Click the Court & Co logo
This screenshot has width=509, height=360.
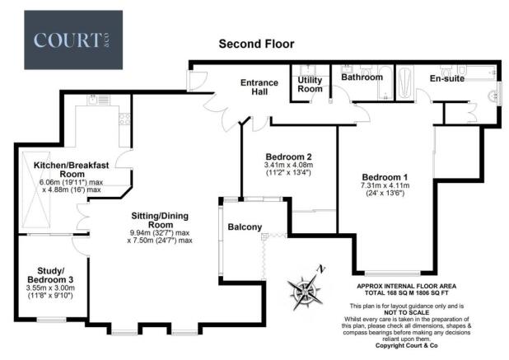pyautogui.click(x=73, y=40)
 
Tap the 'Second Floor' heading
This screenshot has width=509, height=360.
pyautogui.click(x=255, y=44)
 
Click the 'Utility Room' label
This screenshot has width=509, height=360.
pyautogui.click(x=310, y=83)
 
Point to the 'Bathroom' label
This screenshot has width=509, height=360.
pyautogui.click(x=362, y=77)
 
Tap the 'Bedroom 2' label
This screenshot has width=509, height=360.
pyautogui.click(x=287, y=157)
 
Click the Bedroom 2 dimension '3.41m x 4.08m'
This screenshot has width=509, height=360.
pyautogui.click(x=287, y=166)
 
